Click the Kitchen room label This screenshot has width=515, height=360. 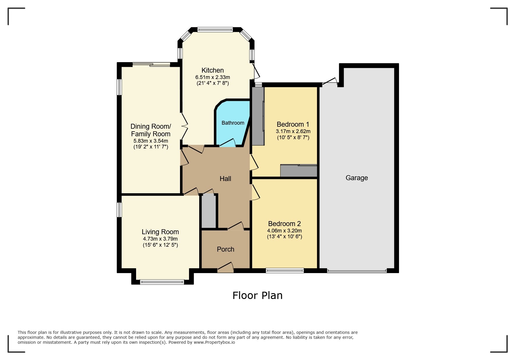click(213, 70)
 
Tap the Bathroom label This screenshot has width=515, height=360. click(233, 123)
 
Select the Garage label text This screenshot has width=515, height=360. click(357, 178)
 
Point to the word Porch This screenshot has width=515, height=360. click(225, 249)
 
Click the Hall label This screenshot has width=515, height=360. click(225, 179)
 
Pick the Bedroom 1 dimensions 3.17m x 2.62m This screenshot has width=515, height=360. click(293, 131)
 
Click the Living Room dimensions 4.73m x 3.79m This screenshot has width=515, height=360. click(160, 239)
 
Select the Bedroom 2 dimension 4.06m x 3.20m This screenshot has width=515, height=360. click(284, 231)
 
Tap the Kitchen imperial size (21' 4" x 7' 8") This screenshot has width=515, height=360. click(213, 83)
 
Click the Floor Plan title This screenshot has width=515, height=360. click(257, 295)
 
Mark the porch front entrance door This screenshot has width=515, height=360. click(226, 268)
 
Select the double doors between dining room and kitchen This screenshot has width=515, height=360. click(184, 126)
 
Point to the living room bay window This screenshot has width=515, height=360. click(162, 282)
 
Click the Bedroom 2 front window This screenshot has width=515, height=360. click(285, 271)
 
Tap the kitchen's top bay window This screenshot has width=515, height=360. click(215, 29)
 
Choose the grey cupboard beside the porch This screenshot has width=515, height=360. click(209, 211)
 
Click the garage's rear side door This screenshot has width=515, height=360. click(330, 82)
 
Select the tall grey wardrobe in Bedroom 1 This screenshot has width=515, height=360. click(258, 116)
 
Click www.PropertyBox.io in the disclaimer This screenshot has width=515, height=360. click(214, 342)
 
